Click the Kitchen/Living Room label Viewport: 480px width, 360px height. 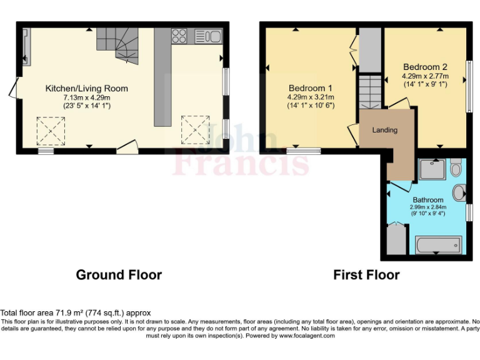(x=86, y=89)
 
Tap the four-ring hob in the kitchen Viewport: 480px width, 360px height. (x=180, y=35)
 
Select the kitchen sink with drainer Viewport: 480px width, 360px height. (x=207, y=36)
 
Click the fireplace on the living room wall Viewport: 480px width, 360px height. (x=25, y=46)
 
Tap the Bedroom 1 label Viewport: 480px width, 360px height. (x=310, y=88)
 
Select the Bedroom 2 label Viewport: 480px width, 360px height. (x=425, y=67)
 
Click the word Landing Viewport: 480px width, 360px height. (x=384, y=130)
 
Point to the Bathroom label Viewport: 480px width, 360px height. (x=427, y=200)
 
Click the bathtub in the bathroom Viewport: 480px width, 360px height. (x=438, y=244)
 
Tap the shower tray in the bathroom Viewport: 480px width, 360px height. (x=431, y=169)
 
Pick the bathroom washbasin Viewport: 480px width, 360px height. (x=459, y=192)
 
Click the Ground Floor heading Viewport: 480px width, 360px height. (x=119, y=275)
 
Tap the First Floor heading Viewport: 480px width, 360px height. (x=366, y=275)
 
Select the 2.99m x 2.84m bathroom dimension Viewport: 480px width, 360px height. (x=427, y=207)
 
